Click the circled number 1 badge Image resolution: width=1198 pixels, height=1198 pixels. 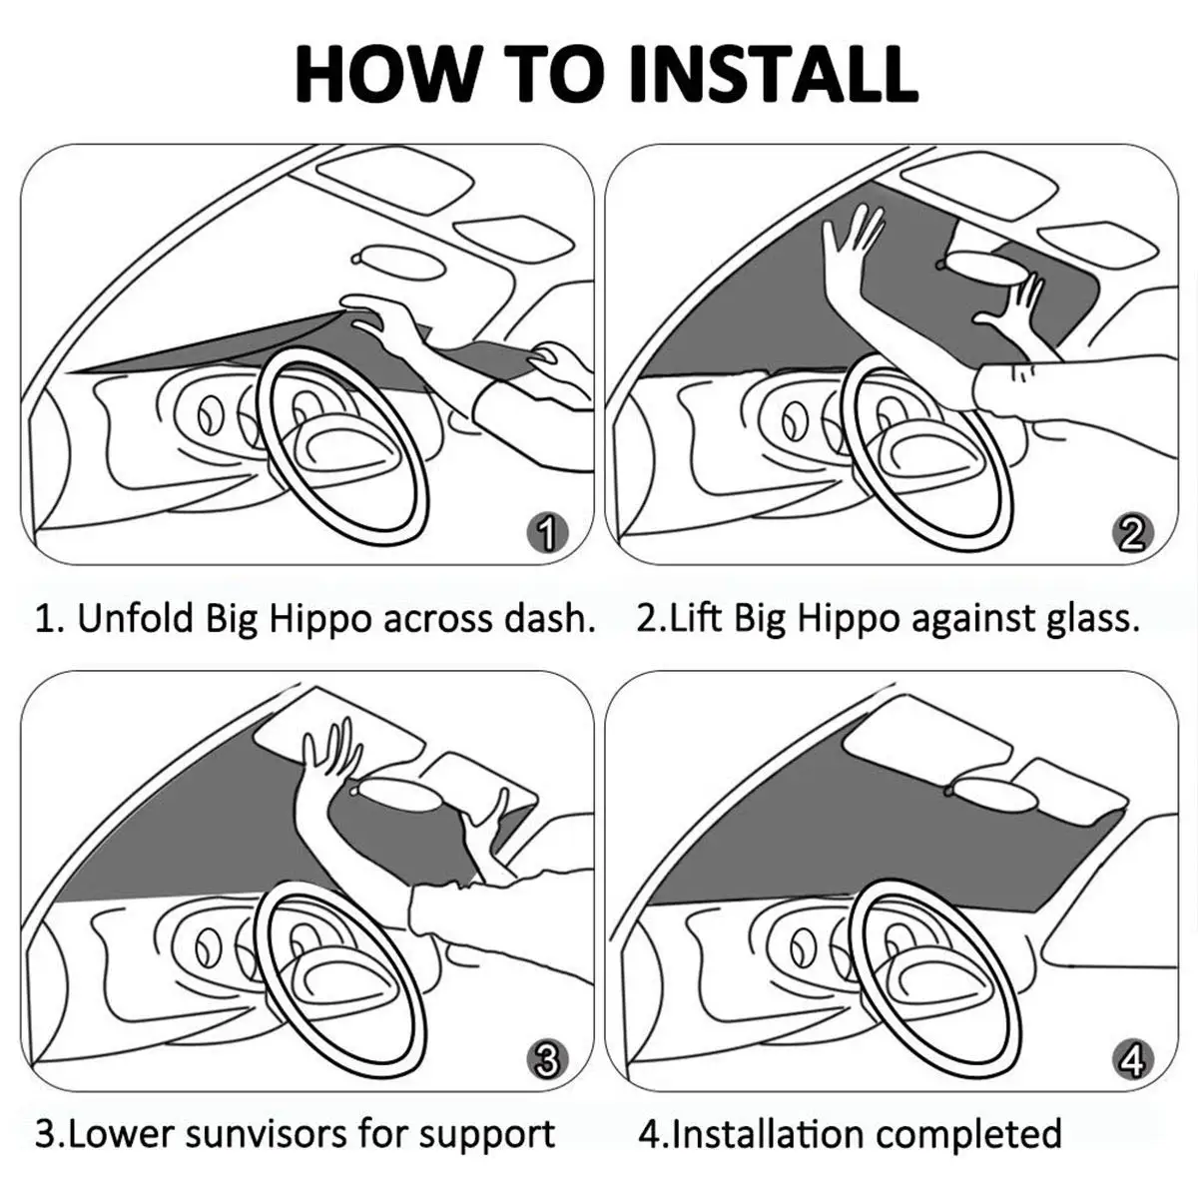545,535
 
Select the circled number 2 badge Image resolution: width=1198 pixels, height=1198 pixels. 1131,535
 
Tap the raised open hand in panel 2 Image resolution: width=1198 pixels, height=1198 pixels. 851,245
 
